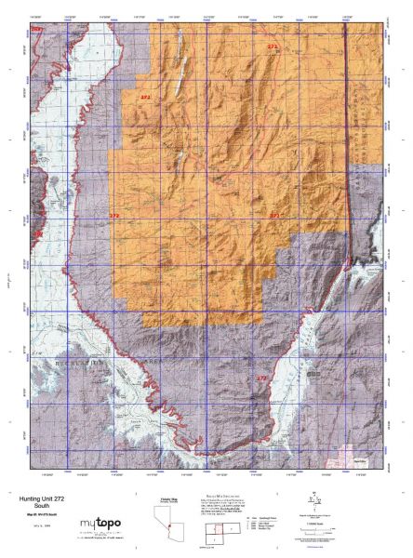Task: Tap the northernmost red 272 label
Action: pyautogui.click(x=272, y=46)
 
